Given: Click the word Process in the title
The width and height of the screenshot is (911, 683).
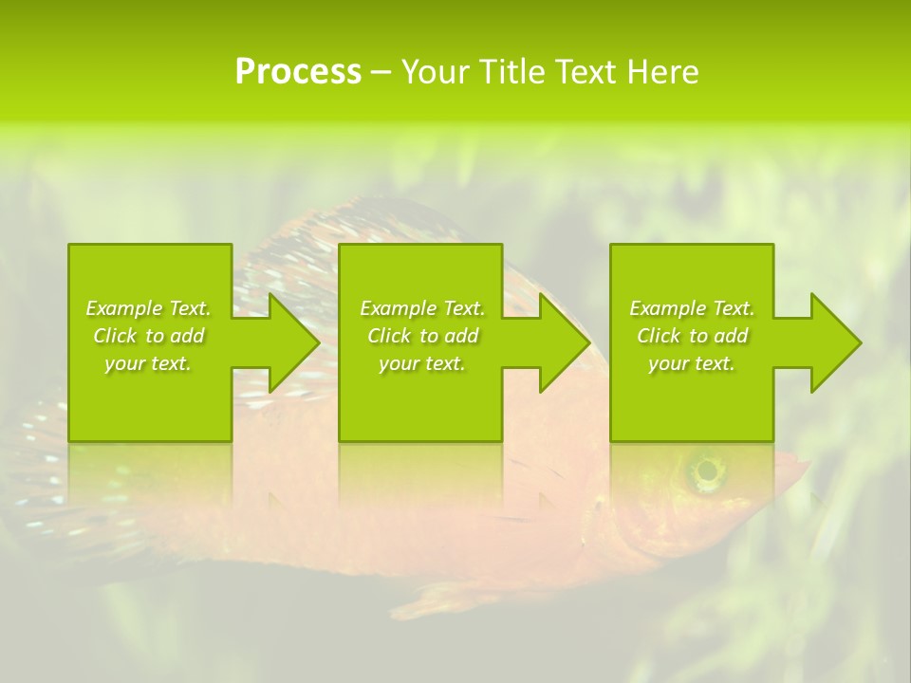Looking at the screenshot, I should (298, 72).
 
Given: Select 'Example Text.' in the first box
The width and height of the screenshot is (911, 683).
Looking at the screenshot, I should (148, 308).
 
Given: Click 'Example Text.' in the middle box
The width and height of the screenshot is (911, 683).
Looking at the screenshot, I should (422, 308).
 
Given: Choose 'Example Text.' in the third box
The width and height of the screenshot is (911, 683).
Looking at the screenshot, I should (692, 308).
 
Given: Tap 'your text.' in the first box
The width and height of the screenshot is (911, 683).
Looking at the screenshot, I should (148, 363).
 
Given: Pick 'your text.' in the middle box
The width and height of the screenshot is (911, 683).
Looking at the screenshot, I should (422, 363).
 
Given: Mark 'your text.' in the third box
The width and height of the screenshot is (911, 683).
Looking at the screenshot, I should (692, 363).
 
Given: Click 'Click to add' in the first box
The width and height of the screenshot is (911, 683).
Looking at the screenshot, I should (148, 336).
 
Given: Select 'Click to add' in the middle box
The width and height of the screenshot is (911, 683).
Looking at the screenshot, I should (422, 336).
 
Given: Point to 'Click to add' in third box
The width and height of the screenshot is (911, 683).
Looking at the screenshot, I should (692, 336).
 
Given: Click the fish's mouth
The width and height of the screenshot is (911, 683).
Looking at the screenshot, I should (802, 467).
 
